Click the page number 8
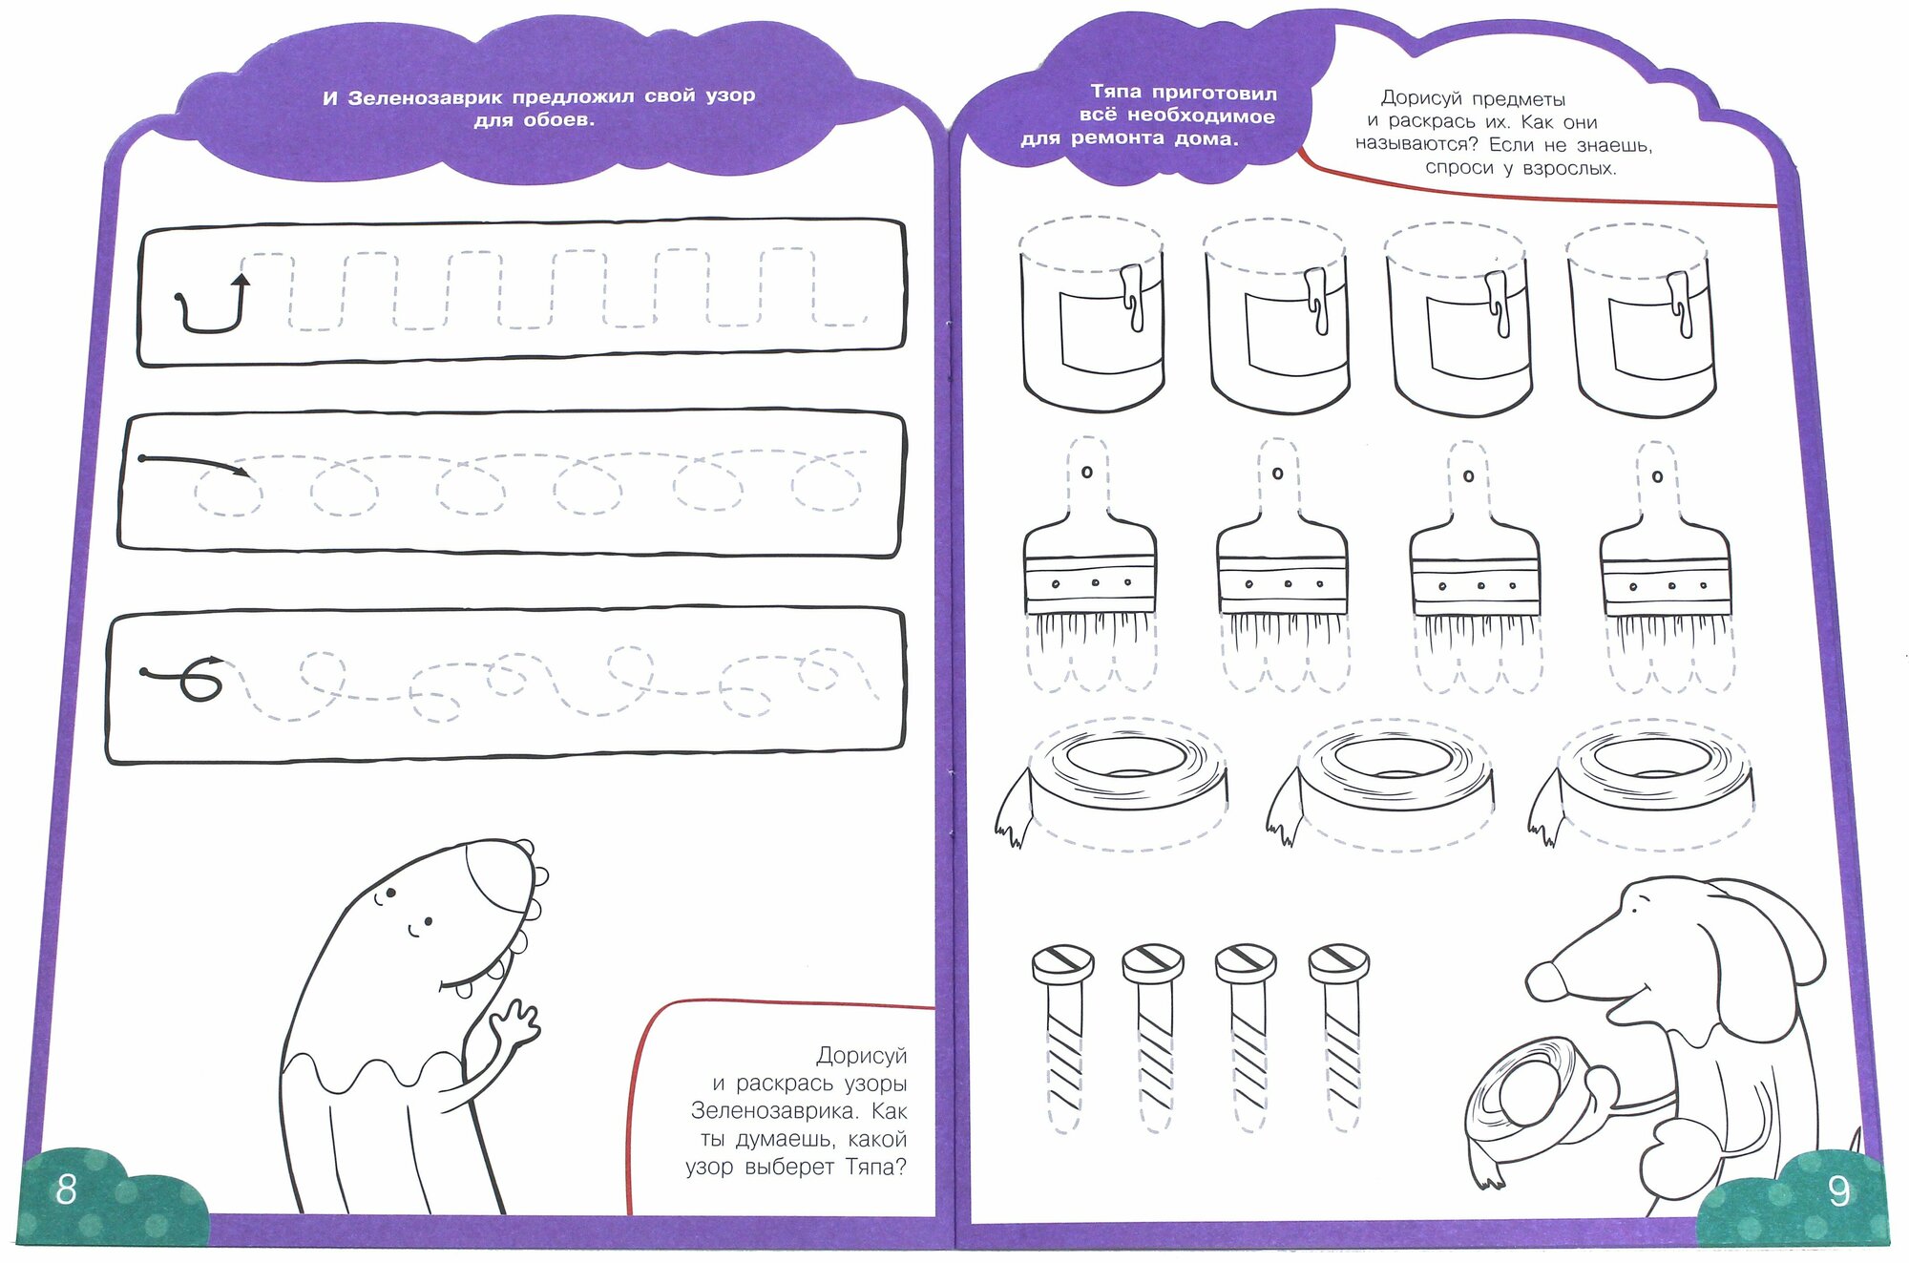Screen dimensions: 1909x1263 pos(66,1189)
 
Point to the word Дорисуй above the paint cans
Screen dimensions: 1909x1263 pos(1425,98)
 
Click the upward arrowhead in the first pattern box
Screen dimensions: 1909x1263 pos(241,281)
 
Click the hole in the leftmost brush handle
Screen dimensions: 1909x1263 pos(1086,473)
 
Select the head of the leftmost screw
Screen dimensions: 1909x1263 pos(1062,963)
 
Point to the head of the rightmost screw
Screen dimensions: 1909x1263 pos(1338,963)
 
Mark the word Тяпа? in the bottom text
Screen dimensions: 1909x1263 pos(875,1167)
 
